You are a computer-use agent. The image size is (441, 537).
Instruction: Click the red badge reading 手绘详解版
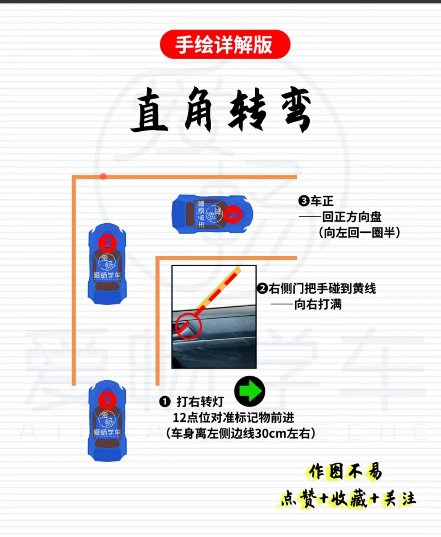click(x=225, y=44)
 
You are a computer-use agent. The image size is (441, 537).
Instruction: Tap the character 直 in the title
click(x=149, y=110)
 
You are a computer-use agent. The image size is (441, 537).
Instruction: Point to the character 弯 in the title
click(x=296, y=110)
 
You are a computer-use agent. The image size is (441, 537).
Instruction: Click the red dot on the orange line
click(x=103, y=176)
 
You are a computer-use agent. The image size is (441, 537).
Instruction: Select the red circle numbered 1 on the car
click(x=107, y=400)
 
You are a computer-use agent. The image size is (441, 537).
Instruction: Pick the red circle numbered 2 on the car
click(x=107, y=243)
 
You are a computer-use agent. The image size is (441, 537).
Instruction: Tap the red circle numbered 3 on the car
click(x=233, y=214)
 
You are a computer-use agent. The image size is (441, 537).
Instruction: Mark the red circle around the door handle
click(x=188, y=326)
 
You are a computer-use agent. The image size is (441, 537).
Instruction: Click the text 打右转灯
click(x=200, y=402)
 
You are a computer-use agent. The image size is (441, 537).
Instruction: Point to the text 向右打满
click(x=318, y=304)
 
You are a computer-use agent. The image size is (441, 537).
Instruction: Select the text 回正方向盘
click(x=352, y=217)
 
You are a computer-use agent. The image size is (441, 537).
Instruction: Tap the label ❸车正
click(x=316, y=201)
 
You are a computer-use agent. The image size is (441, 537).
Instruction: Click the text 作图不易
click(x=345, y=472)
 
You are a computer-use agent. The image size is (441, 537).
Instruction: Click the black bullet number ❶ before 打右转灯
click(x=165, y=402)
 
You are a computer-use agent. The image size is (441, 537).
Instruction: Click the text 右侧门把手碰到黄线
click(x=316, y=289)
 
